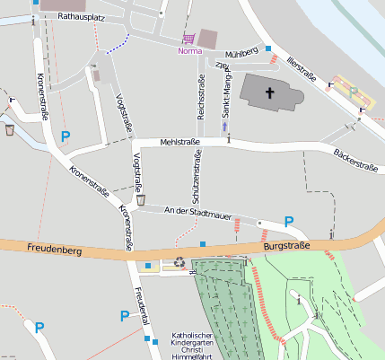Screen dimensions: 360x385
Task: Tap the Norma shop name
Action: pos(189,51)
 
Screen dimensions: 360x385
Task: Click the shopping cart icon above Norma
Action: pos(188,39)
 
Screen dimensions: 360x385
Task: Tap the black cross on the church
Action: pos(271,93)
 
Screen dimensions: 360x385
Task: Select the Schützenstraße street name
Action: pos(195,175)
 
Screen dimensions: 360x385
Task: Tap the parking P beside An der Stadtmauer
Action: pos(289,221)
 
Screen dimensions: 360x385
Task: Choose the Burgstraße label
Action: pos(286,245)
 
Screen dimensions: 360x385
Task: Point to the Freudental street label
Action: pos(138,306)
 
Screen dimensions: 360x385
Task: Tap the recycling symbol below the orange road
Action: pos(179,264)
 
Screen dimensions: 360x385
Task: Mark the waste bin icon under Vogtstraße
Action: pos(141,199)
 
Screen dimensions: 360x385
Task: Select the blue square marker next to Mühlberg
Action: pos(267,48)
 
